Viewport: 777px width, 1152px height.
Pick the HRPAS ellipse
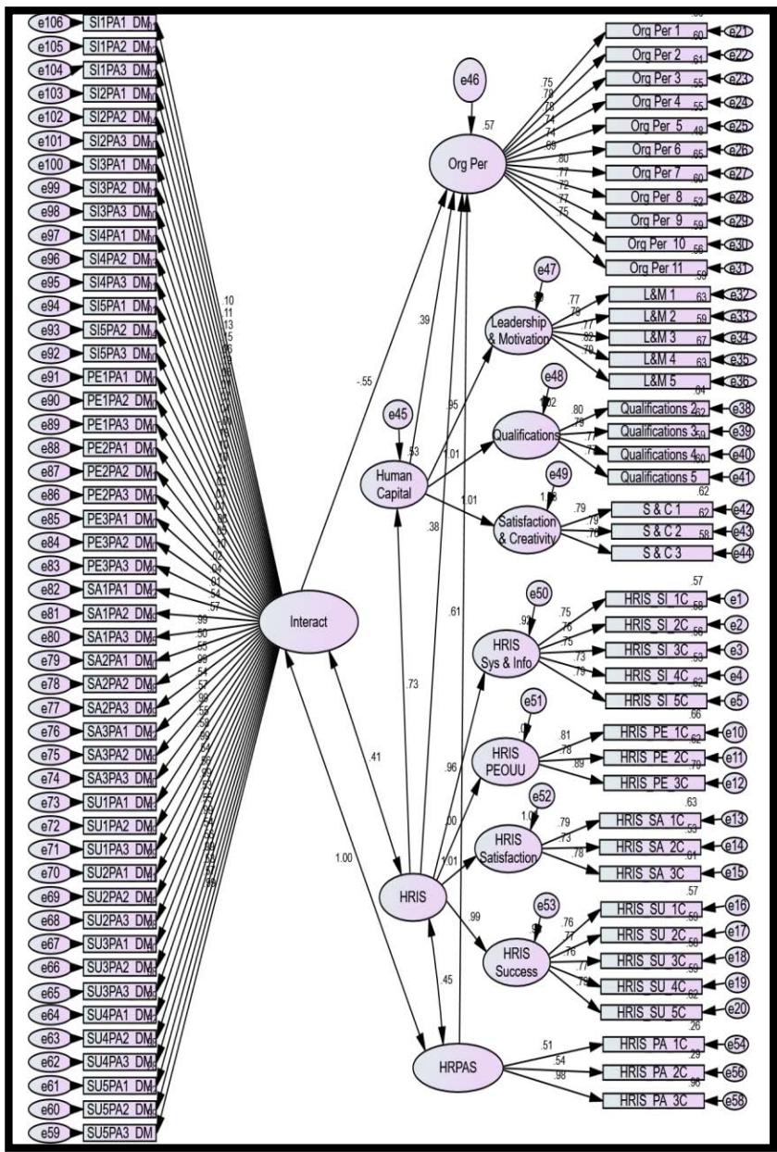pos(456,1068)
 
